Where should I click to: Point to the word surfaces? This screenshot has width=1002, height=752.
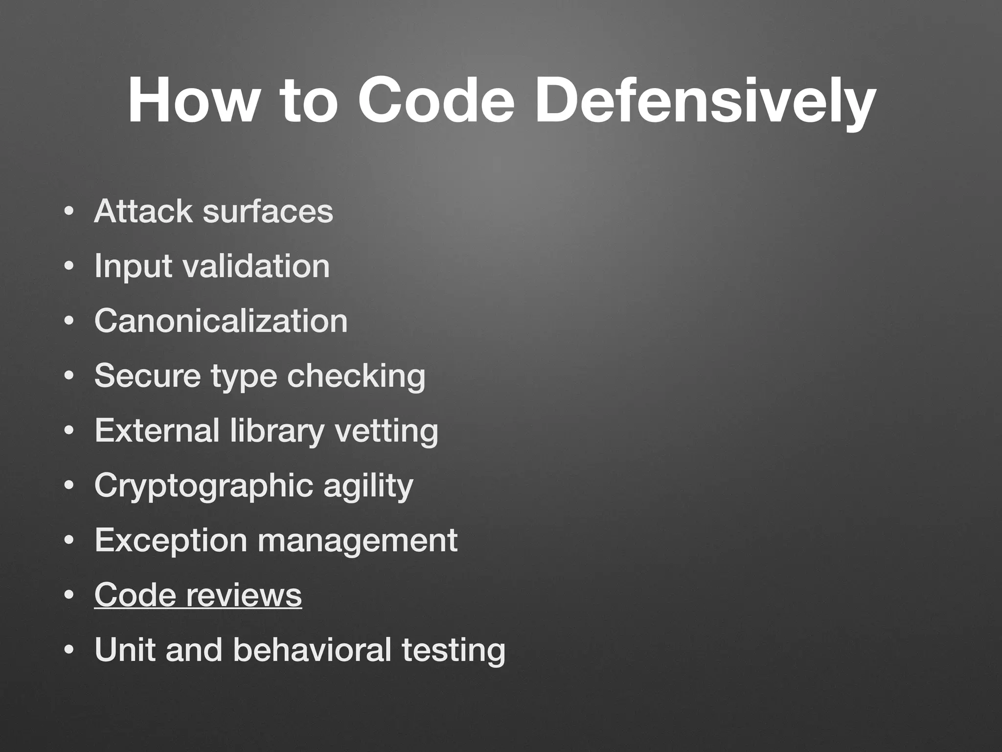click(x=268, y=211)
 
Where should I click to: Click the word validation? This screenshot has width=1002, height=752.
click(x=256, y=266)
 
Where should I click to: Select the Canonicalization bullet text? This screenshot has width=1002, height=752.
click(x=221, y=321)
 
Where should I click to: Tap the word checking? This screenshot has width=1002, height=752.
click(x=356, y=376)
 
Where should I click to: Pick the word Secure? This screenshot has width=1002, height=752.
click(x=147, y=376)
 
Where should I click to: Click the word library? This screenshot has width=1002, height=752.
click(x=277, y=431)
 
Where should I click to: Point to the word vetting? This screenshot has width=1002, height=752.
click(x=387, y=431)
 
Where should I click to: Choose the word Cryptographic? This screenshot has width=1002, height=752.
click(x=204, y=486)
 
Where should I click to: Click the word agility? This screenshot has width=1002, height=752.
click(x=368, y=486)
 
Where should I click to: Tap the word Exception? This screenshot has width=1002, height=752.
click(x=171, y=540)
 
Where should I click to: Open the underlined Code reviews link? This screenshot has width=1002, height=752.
click(x=198, y=595)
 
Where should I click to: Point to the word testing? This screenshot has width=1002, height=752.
click(x=454, y=651)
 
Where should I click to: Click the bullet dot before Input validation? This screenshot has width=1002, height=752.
click(x=69, y=267)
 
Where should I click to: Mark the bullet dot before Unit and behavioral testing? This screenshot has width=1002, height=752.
click(x=69, y=651)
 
